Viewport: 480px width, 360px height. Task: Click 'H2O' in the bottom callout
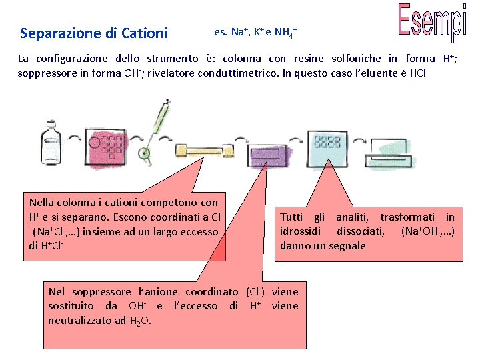point(140,321)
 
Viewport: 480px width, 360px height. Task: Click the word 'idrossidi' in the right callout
point(301,231)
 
